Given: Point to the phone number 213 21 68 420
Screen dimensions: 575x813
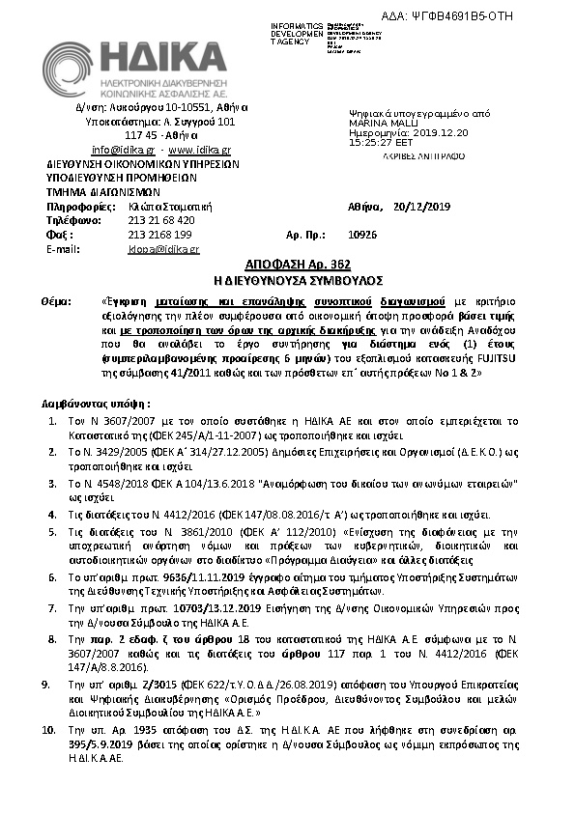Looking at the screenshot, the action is (160, 219).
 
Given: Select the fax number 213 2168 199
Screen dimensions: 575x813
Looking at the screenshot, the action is (159, 234).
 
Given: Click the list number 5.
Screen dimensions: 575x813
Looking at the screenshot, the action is (52, 531).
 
